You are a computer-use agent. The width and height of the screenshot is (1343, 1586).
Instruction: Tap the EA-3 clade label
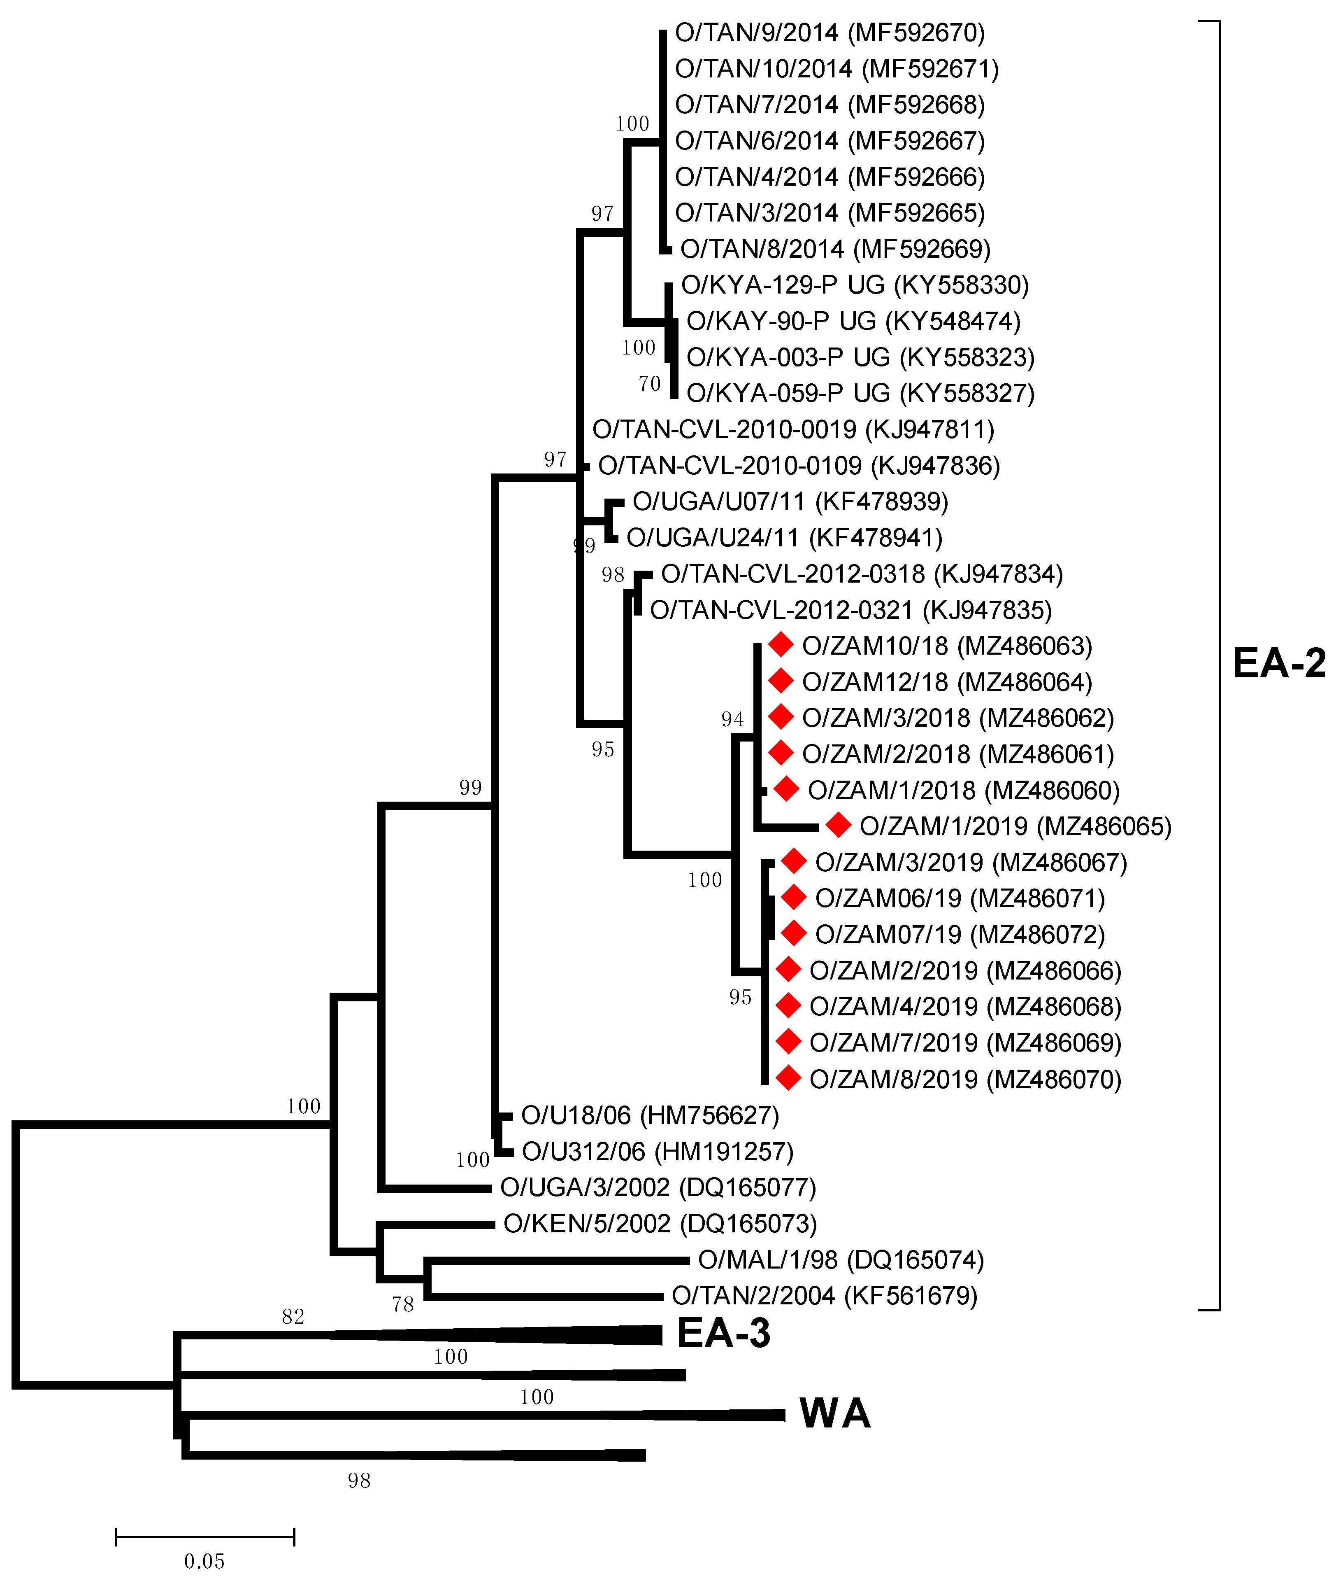click(x=723, y=1333)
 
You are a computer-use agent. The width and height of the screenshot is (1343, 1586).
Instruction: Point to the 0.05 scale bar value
click(x=204, y=1562)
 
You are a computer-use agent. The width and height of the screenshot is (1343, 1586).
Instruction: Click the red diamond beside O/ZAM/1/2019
click(x=838, y=825)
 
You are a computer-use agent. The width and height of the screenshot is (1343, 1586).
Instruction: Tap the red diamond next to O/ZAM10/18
click(x=781, y=645)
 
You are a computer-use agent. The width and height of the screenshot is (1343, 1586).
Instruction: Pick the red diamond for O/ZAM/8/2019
click(x=788, y=1078)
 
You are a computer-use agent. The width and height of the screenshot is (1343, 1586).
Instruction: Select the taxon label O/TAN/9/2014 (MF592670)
click(x=830, y=33)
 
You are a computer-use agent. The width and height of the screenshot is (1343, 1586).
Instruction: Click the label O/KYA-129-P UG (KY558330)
click(x=854, y=285)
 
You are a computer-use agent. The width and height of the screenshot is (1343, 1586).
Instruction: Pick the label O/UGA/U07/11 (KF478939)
click(x=790, y=501)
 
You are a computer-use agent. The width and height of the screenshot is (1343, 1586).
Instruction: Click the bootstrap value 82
click(x=293, y=1316)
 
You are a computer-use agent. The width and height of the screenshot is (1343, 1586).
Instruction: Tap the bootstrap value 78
click(x=403, y=1305)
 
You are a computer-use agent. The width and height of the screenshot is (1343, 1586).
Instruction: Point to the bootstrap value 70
click(x=649, y=384)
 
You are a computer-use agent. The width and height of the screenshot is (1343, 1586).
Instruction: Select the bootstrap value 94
click(x=732, y=719)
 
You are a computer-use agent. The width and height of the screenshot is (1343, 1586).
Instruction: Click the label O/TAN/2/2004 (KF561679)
click(x=825, y=1296)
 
